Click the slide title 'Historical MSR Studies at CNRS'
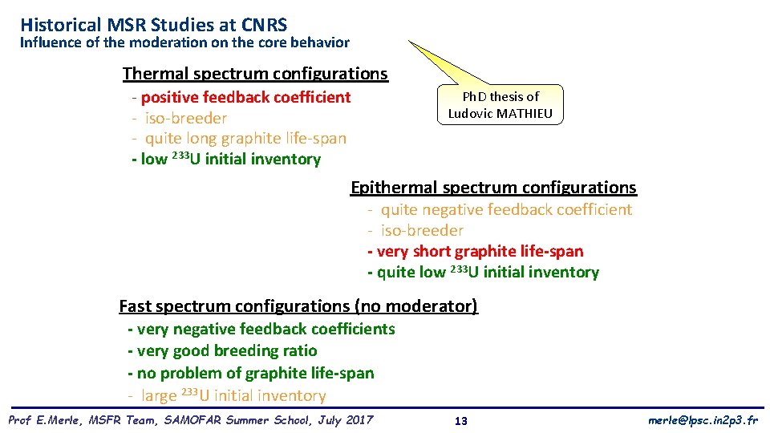tap(153, 25)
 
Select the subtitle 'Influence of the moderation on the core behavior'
tap(184, 42)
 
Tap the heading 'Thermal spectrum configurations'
tap(255, 74)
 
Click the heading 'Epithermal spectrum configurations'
tap(493, 188)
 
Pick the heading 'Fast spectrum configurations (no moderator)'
tap(298, 306)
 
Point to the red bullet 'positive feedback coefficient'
tap(245, 97)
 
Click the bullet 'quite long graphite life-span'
tap(245, 138)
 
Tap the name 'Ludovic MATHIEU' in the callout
tap(500, 113)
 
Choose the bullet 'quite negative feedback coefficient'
tap(506, 209)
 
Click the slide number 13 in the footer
tap(461, 421)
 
